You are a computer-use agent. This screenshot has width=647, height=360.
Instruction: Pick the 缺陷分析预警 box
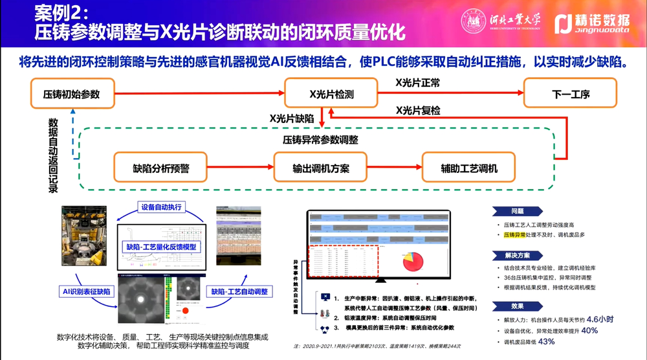pos(160,168)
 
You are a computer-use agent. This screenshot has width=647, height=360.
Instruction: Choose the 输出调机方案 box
pos(321,168)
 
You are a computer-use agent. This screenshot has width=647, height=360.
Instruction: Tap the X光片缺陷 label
pos(292,118)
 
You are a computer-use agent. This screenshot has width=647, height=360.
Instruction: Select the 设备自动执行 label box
pos(162,208)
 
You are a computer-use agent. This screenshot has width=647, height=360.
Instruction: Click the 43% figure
pos(547,341)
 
